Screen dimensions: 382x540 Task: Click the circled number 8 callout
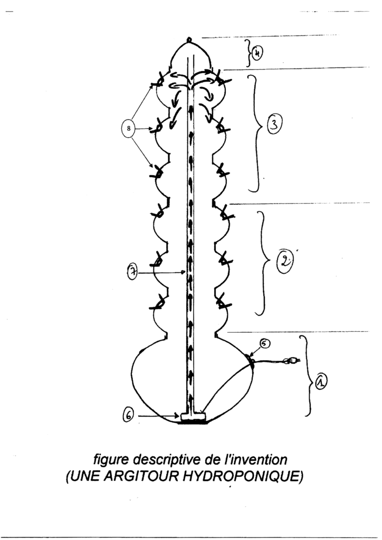(129, 129)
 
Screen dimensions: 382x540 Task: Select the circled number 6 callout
(128, 417)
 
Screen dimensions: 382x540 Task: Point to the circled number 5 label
(265, 344)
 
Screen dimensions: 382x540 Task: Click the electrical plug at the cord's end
(290, 361)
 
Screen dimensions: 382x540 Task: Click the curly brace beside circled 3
(255, 133)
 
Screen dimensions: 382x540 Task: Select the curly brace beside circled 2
(262, 263)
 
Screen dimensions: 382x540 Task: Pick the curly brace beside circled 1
(307, 375)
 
